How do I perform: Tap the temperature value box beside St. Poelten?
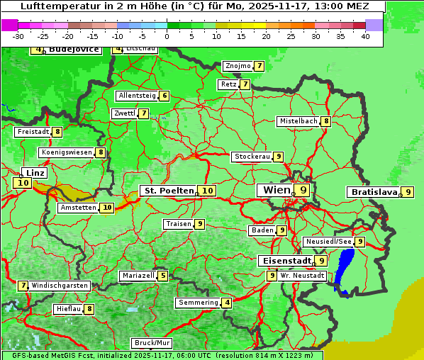(207, 191)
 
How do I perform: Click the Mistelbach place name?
(298, 121)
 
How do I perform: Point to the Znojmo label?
(238, 66)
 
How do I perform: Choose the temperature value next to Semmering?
(227, 303)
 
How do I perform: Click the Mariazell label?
(138, 276)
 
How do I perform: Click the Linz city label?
(34, 173)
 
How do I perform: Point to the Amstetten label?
(78, 208)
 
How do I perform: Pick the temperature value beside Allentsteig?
(164, 96)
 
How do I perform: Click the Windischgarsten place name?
(60, 286)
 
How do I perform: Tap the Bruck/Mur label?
(152, 343)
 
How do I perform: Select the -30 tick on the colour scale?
(18, 35)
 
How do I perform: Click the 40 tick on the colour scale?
(365, 35)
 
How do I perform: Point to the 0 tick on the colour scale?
(167, 35)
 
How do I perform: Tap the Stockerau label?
(252, 157)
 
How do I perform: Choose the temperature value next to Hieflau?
(89, 309)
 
